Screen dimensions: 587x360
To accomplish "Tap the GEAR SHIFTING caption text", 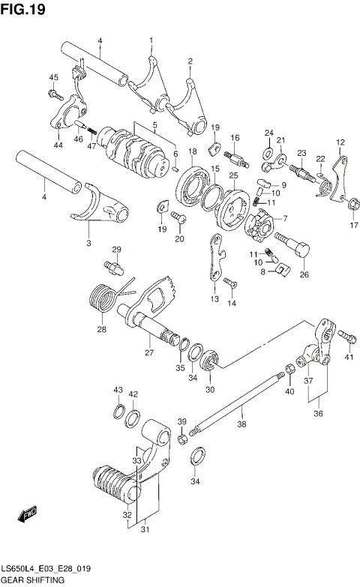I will click(33, 580).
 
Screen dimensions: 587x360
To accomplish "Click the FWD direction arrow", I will click(28, 516).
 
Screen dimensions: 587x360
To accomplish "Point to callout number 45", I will click(53, 78).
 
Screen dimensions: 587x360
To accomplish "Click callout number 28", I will click(101, 328).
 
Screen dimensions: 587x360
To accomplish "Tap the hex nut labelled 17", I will click(350, 202).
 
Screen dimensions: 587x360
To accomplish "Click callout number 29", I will click(116, 250).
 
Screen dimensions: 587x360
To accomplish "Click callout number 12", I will click(340, 142).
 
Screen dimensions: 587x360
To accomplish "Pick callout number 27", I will click(148, 353).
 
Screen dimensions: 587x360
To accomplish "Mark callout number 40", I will click(289, 391).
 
